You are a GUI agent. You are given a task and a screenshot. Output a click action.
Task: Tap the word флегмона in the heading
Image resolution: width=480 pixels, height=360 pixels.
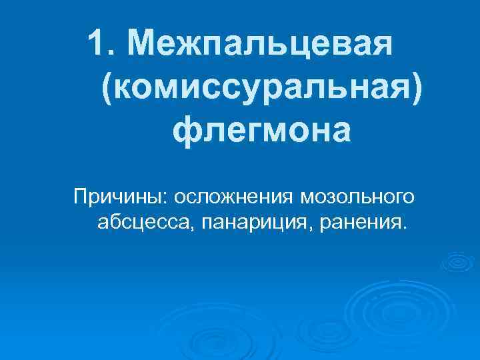click(x=261, y=130)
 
